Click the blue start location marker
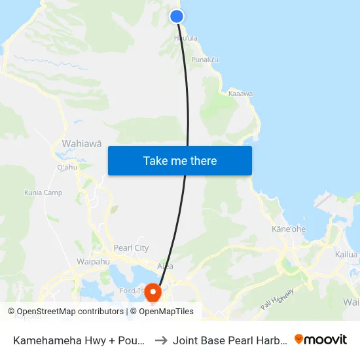click(177, 16)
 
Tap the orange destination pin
click(153, 291)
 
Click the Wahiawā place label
click(81, 143)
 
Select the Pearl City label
click(131, 248)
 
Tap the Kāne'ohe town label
click(288, 229)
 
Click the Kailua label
click(346, 255)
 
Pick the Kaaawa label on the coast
click(240, 94)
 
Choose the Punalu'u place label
click(204, 60)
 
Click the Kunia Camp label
click(43, 192)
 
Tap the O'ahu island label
click(67, 167)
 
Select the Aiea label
click(166, 266)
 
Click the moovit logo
click(321, 339)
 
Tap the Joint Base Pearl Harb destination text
click(230, 340)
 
